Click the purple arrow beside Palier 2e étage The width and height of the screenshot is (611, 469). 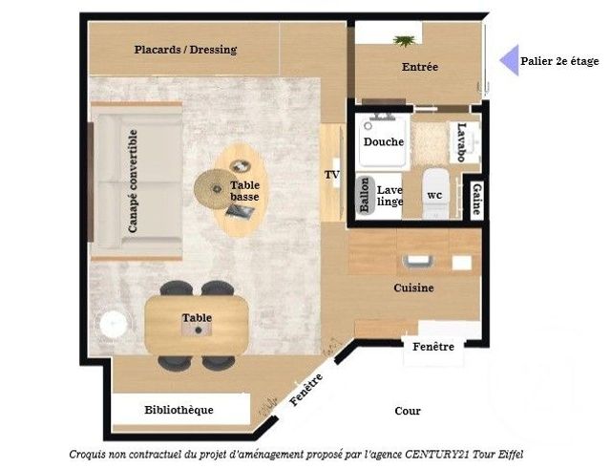(x=509, y=60)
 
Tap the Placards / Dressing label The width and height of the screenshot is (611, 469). (x=185, y=49)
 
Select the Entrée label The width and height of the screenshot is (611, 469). (x=419, y=67)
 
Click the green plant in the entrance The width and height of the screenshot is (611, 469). (x=406, y=40)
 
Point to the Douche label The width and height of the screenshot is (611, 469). (x=383, y=141)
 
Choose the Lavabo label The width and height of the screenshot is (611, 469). (x=462, y=141)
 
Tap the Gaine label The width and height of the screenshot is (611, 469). (x=475, y=200)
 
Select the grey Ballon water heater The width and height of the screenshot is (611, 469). (x=364, y=198)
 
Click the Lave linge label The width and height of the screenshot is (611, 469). (x=390, y=196)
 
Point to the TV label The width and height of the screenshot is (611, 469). (x=332, y=175)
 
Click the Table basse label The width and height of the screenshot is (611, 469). (x=244, y=191)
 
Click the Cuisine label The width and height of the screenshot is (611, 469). (x=413, y=288)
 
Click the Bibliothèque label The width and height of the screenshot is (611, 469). (x=179, y=410)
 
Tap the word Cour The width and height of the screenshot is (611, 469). (x=408, y=411)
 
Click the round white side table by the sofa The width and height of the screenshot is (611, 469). (x=112, y=324)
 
